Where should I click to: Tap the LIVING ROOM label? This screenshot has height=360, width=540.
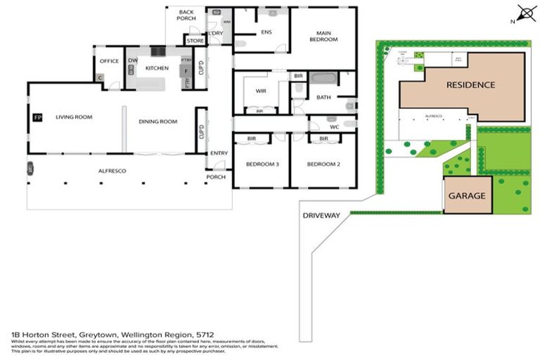pyautogui.click(x=75, y=117)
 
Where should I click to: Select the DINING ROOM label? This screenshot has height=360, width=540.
pyautogui.click(x=157, y=122)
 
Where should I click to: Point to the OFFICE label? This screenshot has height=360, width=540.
pyautogui.click(x=110, y=60)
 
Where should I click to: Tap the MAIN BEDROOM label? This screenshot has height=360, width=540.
pyautogui.click(x=323, y=36)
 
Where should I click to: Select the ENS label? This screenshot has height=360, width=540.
pyautogui.click(x=266, y=32)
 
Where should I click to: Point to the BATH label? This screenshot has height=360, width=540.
pyautogui.click(x=323, y=98)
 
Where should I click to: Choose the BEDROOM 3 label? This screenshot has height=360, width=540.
pyautogui.click(x=262, y=164)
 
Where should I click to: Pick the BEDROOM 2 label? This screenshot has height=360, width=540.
pyautogui.click(x=323, y=164)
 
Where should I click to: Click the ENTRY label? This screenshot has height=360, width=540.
pyautogui.click(x=218, y=153)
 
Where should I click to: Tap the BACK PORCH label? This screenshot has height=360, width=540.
pyautogui.click(x=186, y=15)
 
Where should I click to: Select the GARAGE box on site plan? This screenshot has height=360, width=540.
pyautogui.click(x=467, y=195)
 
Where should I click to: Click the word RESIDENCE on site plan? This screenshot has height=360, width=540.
pyautogui.click(x=470, y=85)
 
